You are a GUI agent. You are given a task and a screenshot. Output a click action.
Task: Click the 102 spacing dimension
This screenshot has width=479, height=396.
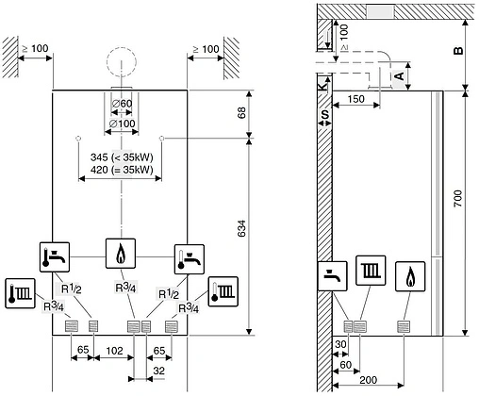(x=113, y=350)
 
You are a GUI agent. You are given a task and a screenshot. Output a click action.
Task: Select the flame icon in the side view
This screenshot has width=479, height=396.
(x=411, y=276)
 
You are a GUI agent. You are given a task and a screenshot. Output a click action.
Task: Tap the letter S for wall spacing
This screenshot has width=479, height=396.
(x=325, y=115)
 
